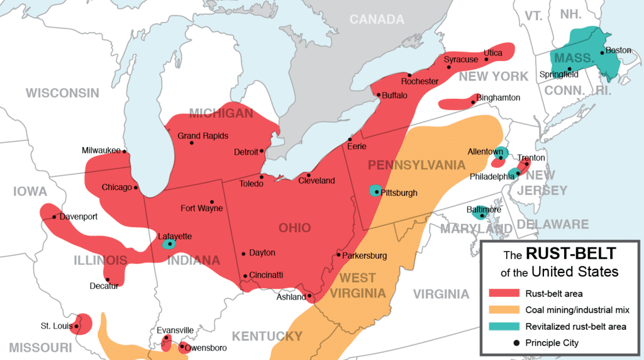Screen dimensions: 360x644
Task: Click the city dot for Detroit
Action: [262, 150]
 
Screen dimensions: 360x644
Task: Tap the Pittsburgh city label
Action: [399, 193]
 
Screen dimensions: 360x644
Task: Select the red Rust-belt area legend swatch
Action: [504, 293]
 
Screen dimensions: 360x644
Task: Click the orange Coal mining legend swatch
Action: [504, 310]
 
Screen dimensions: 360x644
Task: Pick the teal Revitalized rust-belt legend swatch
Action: [504, 326]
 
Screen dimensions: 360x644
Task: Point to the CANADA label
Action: [377, 20]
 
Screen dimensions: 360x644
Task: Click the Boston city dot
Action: [602, 53]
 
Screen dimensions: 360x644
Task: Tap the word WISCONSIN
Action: [62, 93]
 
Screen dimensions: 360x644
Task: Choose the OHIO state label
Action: [295, 228]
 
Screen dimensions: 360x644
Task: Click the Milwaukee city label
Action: [102, 150]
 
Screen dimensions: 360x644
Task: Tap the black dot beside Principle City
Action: [504, 342]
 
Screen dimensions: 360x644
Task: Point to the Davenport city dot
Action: [54, 217]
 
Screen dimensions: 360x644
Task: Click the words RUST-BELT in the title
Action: [571, 254]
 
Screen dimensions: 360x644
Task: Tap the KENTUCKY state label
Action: [267, 335]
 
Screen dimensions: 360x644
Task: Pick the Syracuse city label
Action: [461, 60]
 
